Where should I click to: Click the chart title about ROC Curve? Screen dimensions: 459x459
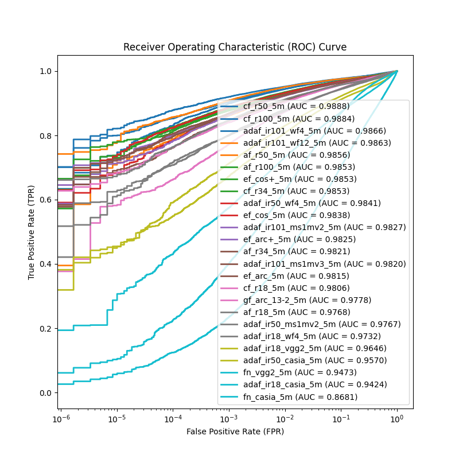(x=235, y=47)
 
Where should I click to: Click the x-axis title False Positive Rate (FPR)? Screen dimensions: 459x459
(x=235, y=431)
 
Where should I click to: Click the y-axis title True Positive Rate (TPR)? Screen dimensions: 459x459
(x=32, y=232)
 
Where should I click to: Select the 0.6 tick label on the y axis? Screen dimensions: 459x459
(x=45, y=200)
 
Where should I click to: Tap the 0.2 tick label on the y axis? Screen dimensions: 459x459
(x=45, y=329)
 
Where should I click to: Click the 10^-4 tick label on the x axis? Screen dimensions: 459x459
(x=173, y=419)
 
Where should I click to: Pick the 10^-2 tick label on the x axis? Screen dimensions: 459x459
(x=285, y=419)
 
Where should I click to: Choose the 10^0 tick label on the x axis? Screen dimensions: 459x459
(x=397, y=419)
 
